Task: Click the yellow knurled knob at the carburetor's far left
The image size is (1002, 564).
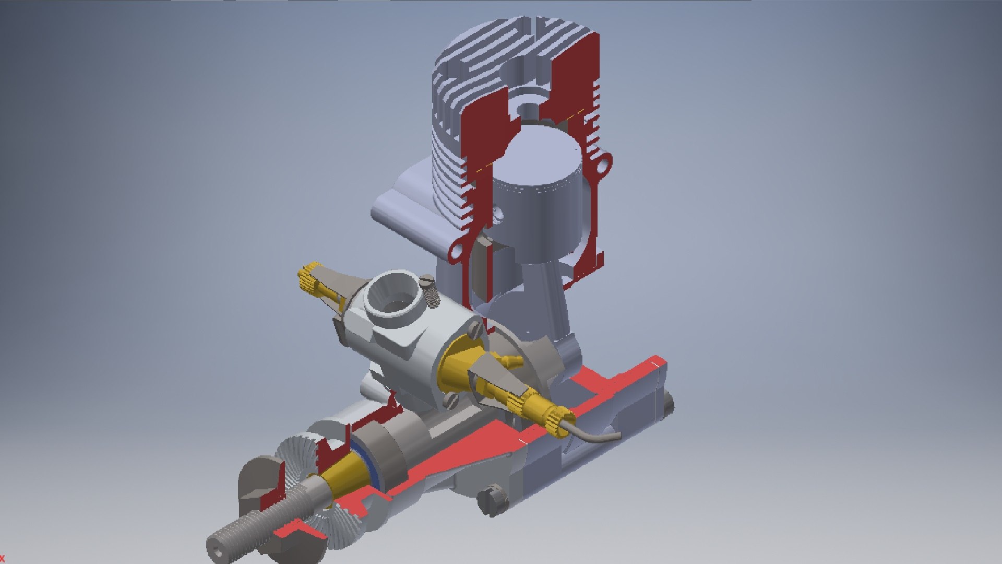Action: tap(308, 278)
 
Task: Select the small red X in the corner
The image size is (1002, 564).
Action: tap(2, 559)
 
